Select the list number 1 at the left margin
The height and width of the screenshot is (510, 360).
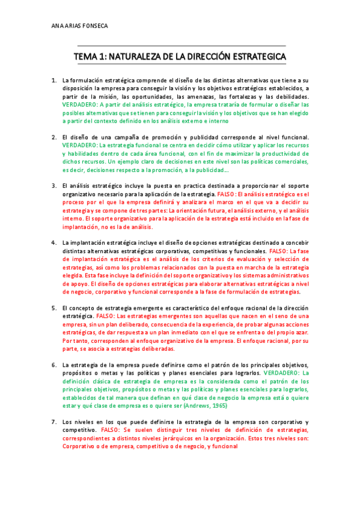point(53,80)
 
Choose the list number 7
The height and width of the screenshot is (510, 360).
point(53,422)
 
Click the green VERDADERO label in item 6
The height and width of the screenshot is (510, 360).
point(289,373)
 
